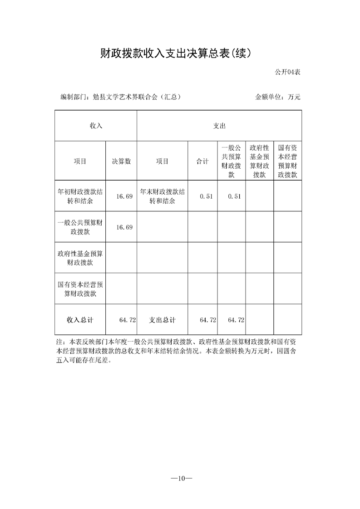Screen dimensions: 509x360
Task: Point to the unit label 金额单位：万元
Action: (278, 97)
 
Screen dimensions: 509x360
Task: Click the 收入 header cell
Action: (96, 126)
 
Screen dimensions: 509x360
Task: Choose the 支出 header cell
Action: (219, 126)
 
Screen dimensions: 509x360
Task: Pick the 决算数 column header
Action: (121, 161)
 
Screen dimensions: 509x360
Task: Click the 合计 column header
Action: (202, 161)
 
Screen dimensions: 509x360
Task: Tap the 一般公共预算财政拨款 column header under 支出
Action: (232, 161)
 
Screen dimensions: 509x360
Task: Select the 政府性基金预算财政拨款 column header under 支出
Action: (260, 161)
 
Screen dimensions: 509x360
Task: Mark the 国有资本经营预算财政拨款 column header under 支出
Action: (287, 161)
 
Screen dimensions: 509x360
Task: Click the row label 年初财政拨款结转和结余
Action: (80, 196)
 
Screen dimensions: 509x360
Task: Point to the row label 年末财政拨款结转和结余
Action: (162, 196)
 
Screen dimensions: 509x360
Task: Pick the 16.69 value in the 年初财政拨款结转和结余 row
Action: (124, 196)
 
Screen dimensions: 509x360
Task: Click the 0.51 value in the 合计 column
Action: (206, 196)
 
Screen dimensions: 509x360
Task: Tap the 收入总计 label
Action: (80, 320)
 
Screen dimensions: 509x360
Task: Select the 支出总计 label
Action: (162, 320)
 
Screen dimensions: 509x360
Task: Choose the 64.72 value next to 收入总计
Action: (128, 320)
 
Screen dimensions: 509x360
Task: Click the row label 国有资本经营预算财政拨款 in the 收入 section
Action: (80, 289)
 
